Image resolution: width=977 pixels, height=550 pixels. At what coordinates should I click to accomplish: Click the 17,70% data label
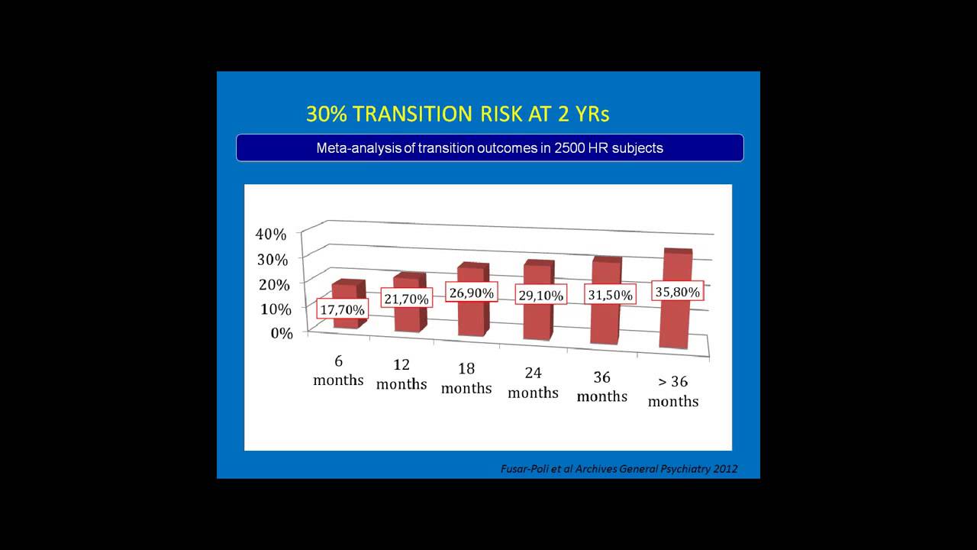tap(343, 309)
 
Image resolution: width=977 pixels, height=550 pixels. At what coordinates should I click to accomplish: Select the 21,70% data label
tap(407, 298)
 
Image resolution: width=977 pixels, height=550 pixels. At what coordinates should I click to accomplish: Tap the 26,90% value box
tap(471, 292)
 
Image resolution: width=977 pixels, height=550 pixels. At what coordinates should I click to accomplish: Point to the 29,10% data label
tap(540, 295)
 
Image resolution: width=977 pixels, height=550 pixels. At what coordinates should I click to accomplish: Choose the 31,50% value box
tap(610, 294)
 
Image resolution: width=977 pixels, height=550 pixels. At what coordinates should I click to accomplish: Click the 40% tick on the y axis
tap(271, 234)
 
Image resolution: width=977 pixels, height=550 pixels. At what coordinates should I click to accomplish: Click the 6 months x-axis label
tap(338, 370)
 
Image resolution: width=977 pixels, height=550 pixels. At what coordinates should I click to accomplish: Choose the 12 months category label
tap(401, 374)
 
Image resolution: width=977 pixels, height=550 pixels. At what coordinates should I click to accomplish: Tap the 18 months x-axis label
tap(466, 378)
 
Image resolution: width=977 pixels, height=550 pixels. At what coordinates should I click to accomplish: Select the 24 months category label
tap(533, 383)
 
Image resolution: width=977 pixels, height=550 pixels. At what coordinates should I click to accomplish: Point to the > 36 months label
tap(673, 391)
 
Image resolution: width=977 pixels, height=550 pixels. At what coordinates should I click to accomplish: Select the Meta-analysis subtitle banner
tap(489, 148)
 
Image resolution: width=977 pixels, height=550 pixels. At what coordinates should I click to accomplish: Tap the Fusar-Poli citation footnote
tap(619, 468)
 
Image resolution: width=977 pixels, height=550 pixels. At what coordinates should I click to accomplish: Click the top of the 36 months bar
tap(607, 260)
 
